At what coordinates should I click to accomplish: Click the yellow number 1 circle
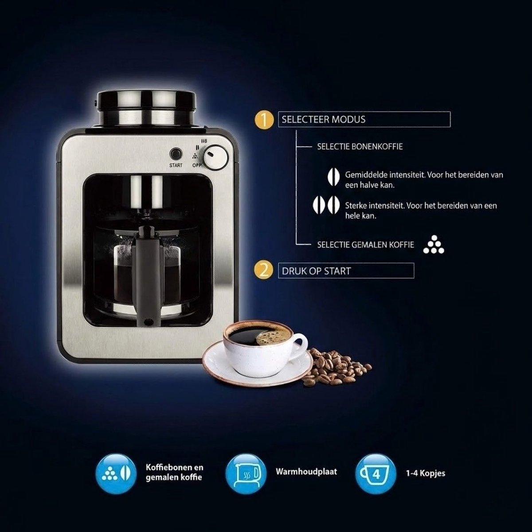264,120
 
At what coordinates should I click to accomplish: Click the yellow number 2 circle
264,271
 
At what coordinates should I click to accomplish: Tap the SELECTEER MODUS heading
323,120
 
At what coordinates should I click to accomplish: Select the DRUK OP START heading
316,271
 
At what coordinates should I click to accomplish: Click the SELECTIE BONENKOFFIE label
360,147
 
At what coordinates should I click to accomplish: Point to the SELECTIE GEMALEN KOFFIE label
365,245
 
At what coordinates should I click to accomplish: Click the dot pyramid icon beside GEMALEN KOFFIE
434,245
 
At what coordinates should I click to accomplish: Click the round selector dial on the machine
216,157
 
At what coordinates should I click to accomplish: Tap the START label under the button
176,165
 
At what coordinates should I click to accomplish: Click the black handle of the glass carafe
147,276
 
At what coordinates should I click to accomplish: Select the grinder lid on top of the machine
146,108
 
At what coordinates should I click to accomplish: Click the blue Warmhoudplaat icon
246,474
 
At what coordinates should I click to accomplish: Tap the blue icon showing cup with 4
376,474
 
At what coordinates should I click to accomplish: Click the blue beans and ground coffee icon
116,474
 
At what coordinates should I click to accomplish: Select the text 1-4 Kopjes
426,473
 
